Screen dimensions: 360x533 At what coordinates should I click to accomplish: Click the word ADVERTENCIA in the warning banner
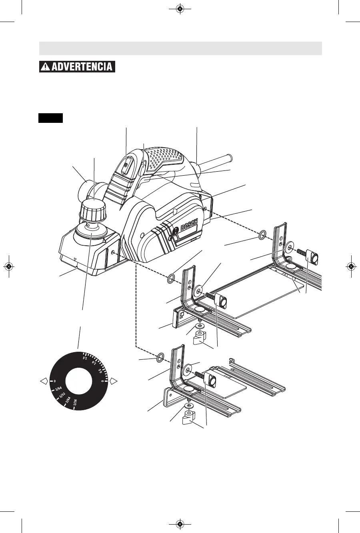[x=82, y=66]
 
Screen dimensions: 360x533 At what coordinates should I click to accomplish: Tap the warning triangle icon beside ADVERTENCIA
[x=46, y=67]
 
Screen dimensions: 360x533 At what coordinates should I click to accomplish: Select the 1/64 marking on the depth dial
[x=58, y=388]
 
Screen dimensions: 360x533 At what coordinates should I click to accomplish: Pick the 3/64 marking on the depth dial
[x=68, y=401]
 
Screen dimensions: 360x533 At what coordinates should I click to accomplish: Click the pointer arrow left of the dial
[x=44, y=381]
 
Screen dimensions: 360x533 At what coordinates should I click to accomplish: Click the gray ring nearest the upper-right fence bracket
[x=262, y=234]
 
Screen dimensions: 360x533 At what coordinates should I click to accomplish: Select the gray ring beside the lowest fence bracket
[x=159, y=357]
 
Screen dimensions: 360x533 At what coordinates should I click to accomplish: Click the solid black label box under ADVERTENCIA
[x=51, y=118]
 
